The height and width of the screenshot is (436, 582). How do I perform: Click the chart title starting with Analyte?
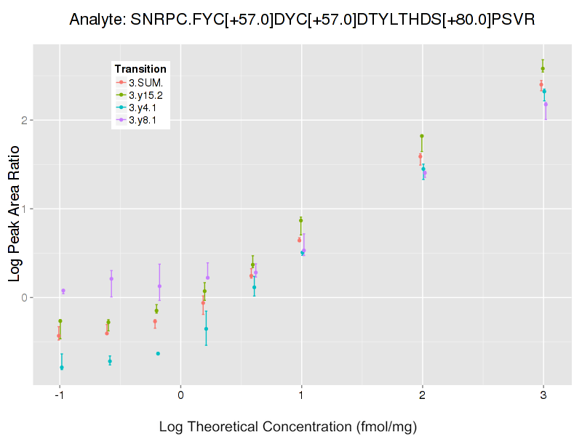pos(302,20)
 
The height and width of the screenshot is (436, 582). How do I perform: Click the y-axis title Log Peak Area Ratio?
pos(15,216)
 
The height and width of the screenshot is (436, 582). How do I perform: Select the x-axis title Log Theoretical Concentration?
pos(288,427)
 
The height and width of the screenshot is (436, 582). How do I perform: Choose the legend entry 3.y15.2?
pos(145,95)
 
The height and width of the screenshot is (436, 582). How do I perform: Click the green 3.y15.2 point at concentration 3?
pos(543,68)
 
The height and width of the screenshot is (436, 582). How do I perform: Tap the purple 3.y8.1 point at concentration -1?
pos(63,291)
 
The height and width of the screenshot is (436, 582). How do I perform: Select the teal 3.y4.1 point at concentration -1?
pos(62,368)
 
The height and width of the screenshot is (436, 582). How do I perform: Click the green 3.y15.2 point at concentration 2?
pos(422,136)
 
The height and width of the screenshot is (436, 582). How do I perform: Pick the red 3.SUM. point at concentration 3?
pos(541,84)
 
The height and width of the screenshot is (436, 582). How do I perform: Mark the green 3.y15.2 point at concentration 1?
pos(300,220)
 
